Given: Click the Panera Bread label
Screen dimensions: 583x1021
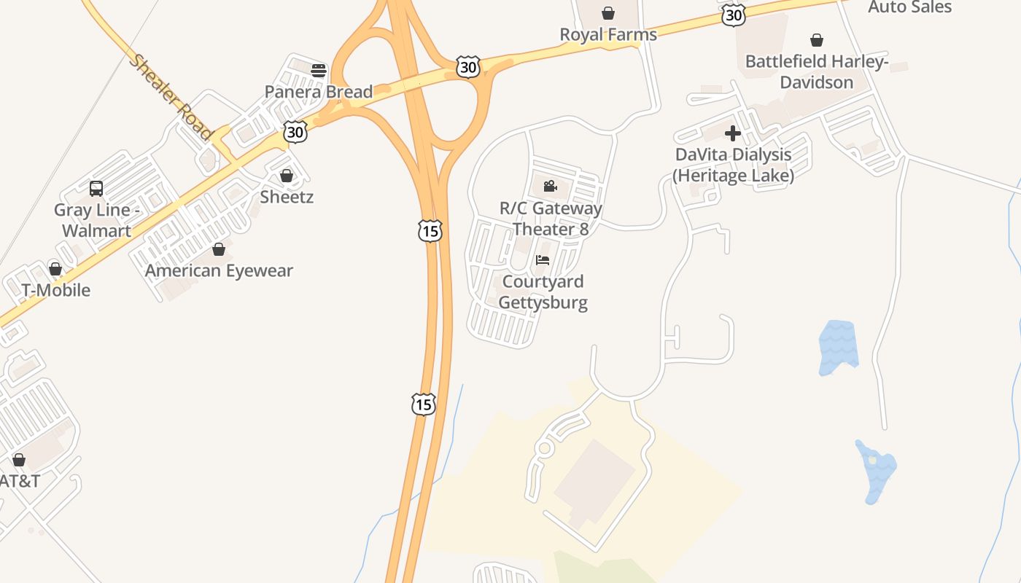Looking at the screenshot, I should tap(318, 92).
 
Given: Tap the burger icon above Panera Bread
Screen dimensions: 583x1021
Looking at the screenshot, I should tap(318, 70).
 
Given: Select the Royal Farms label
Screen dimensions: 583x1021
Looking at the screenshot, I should tap(607, 34).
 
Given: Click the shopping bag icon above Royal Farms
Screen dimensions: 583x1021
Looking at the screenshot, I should tap(607, 13).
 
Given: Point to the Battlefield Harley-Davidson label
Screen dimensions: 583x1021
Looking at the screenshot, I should tap(816, 71).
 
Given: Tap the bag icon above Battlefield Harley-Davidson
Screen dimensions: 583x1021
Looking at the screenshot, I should tap(817, 40).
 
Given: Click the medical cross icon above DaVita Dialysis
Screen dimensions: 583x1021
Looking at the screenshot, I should tap(733, 133).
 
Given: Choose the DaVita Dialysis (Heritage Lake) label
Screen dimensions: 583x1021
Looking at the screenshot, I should tap(733, 165).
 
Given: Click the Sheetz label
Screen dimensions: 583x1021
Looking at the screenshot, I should tap(287, 197).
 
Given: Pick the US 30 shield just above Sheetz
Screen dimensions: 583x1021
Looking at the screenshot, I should tap(295, 132).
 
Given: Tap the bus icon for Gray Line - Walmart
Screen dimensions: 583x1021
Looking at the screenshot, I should tap(96, 189).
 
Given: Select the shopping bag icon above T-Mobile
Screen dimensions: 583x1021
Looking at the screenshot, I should tap(55, 269).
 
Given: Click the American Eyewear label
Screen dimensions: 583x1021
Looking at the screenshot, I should tap(219, 270).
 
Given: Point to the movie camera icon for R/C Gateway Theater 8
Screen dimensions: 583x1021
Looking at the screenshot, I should tap(551, 187).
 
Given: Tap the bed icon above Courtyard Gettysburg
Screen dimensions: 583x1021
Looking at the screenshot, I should tap(543, 260).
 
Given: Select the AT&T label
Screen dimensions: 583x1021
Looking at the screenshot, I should tap(19, 481).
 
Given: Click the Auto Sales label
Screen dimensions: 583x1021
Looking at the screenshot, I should tap(909, 7).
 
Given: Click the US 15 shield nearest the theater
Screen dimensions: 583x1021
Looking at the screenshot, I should tap(430, 231).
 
